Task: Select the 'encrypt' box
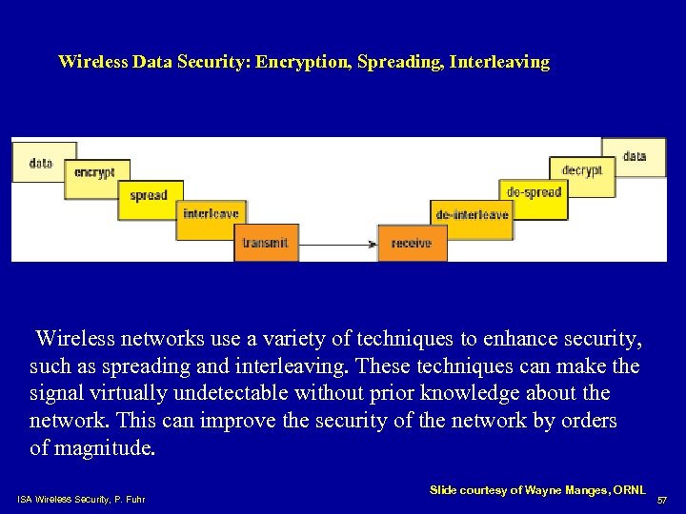tap(94, 173)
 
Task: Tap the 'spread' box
tap(149, 196)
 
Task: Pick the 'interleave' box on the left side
tap(211, 214)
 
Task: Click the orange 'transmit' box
tap(265, 243)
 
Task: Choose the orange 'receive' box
tap(412, 243)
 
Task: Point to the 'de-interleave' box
tap(472, 215)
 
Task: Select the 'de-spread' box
tap(534, 192)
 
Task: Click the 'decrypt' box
tap(581, 171)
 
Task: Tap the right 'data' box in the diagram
tap(635, 156)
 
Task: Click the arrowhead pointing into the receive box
tap(373, 244)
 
